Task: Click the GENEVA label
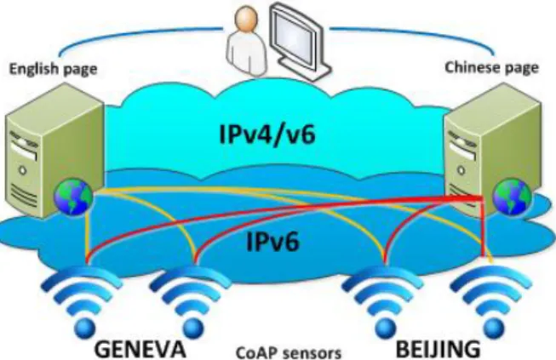(x=140, y=348)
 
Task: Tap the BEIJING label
(x=438, y=348)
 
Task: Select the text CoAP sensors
(x=289, y=353)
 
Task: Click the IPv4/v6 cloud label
(x=267, y=134)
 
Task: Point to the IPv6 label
(x=273, y=242)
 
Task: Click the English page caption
(x=53, y=68)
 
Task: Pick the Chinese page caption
(x=491, y=67)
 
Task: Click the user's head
(x=246, y=19)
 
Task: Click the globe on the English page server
(x=73, y=197)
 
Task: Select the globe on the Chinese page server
(x=513, y=197)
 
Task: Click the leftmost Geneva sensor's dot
(x=84, y=327)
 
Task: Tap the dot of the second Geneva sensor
(x=193, y=327)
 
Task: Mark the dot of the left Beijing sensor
(x=385, y=327)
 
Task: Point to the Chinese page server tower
(x=493, y=149)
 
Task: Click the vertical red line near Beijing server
(x=483, y=226)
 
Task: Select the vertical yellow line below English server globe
(x=87, y=236)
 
